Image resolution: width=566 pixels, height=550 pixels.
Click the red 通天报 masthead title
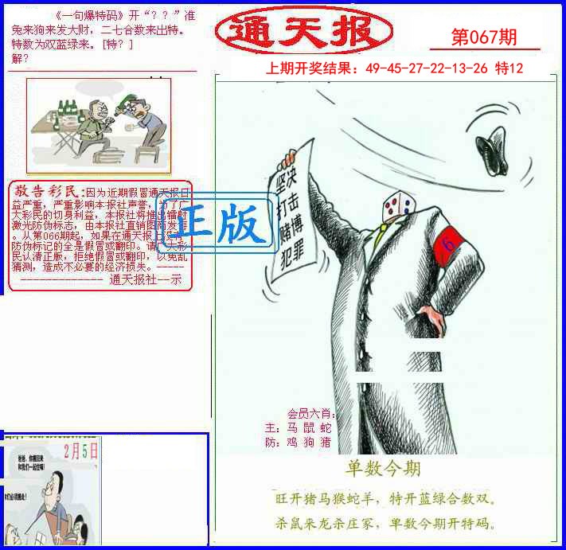[304, 31]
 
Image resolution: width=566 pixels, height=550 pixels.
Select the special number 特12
[509, 68]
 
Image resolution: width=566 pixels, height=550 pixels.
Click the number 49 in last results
[373, 68]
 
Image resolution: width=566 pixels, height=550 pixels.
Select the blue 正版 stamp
[217, 225]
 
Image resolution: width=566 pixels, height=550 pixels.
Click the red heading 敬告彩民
[46, 191]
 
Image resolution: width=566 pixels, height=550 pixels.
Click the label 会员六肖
[306, 413]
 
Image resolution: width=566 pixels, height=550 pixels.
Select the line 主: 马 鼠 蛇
[299, 427]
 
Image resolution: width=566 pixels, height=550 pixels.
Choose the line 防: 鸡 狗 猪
[299, 442]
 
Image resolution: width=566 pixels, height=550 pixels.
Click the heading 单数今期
[383, 468]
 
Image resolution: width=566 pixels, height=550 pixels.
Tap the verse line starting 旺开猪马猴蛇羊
[384, 500]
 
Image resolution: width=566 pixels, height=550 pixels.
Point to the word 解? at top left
[21, 58]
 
